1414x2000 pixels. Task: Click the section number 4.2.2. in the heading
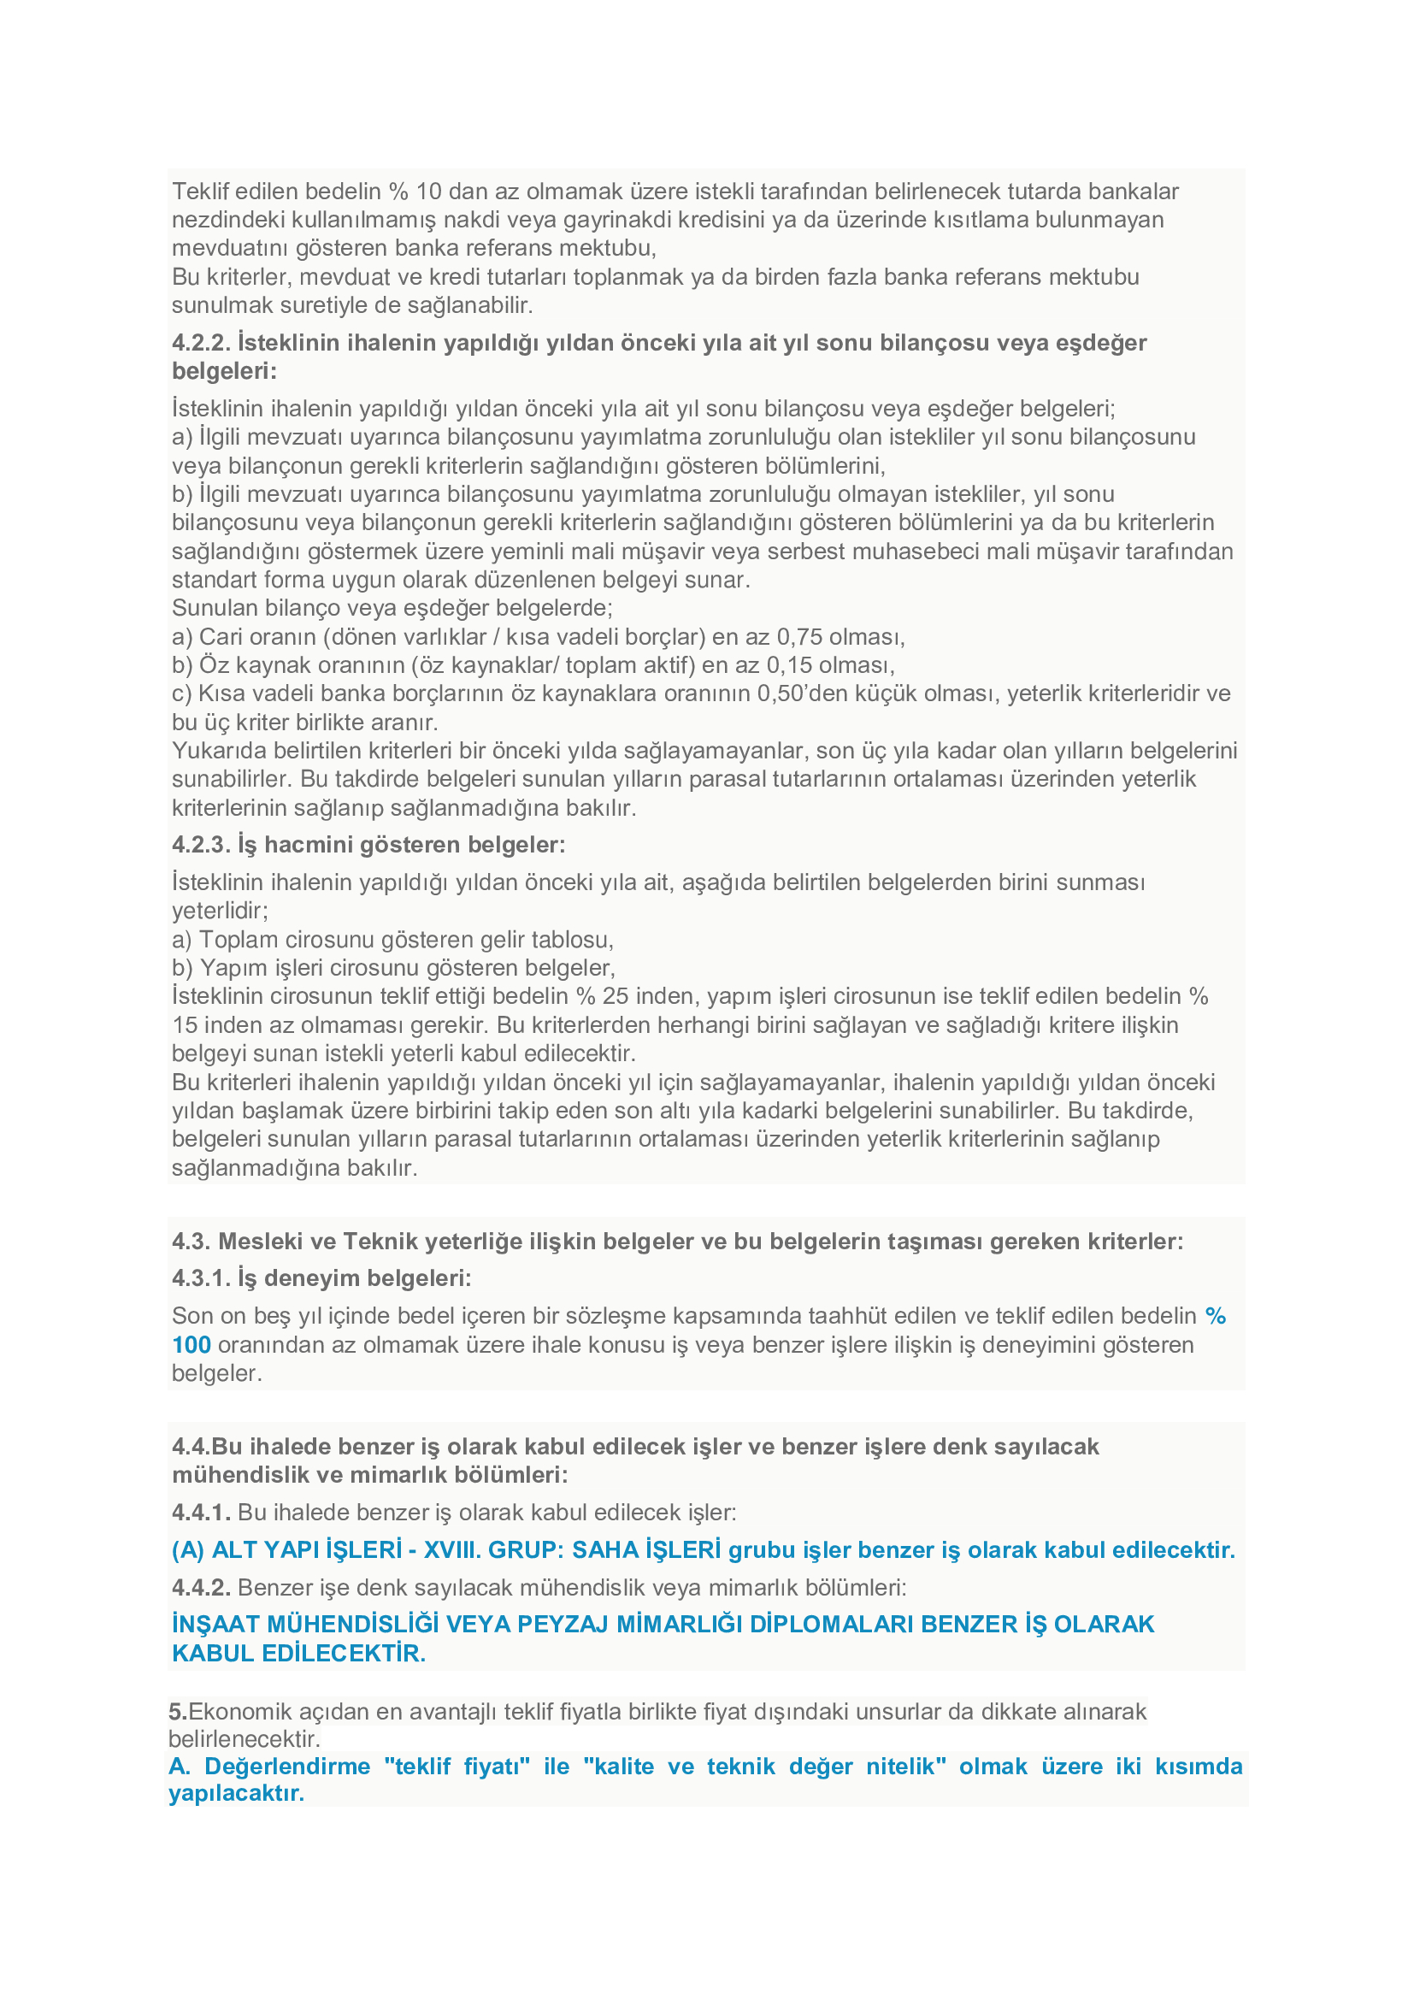[x=200, y=343]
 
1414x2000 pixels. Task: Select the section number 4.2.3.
[x=200, y=845]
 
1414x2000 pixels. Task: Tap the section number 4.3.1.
[x=200, y=1277]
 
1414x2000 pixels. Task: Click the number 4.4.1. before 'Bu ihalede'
[x=200, y=1513]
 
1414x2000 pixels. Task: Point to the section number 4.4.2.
[x=200, y=1587]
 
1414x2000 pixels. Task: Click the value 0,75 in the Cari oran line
[x=799, y=638]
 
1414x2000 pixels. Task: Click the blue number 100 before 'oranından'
[x=191, y=1345]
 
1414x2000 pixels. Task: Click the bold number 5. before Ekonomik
[x=178, y=1712]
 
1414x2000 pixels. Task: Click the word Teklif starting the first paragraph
[x=199, y=192]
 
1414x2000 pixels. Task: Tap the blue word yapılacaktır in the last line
[x=236, y=1794]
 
